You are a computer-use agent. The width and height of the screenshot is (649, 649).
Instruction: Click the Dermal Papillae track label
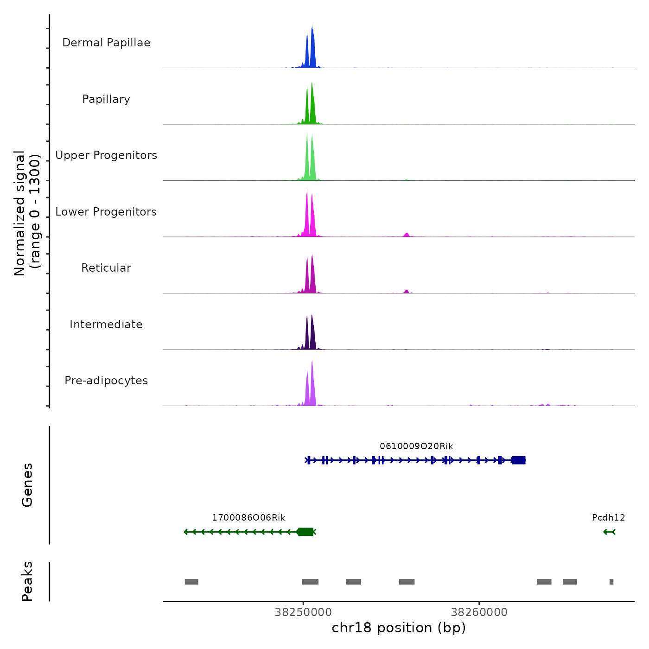(x=106, y=43)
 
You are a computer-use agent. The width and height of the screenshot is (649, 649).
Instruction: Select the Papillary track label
(x=106, y=99)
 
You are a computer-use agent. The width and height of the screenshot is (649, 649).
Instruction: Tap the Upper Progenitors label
(x=106, y=155)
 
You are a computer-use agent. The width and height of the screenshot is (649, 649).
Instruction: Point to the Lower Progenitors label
(x=106, y=212)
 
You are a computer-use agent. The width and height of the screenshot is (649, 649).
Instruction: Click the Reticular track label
(x=106, y=268)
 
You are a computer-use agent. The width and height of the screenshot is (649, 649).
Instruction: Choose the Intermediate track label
(x=106, y=324)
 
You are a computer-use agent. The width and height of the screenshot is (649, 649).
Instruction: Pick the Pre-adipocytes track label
(x=106, y=381)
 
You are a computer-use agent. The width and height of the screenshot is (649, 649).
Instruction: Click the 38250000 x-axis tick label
(x=303, y=612)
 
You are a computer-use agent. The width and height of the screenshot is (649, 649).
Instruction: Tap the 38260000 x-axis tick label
(x=479, y=612)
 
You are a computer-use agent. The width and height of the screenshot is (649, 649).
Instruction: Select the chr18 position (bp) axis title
(x=399, y=628)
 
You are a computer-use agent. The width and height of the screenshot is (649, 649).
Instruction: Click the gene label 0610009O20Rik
(x=416, y=446)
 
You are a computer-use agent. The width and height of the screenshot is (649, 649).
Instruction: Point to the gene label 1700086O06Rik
(x=248, y=518)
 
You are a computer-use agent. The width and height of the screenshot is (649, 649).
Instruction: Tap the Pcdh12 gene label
(x=608, y=518)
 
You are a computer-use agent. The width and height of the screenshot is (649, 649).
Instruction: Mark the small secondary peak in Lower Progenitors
(x=407, y=235)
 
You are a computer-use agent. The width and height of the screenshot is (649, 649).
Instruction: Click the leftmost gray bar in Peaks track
(x=191, y=582)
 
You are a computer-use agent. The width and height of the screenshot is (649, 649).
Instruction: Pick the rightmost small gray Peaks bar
(x=611, y=582)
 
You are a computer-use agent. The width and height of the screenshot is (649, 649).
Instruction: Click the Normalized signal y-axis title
(x=27, y=213)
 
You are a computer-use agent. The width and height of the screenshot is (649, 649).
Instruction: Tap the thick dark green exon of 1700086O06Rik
(x=305, y=532)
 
